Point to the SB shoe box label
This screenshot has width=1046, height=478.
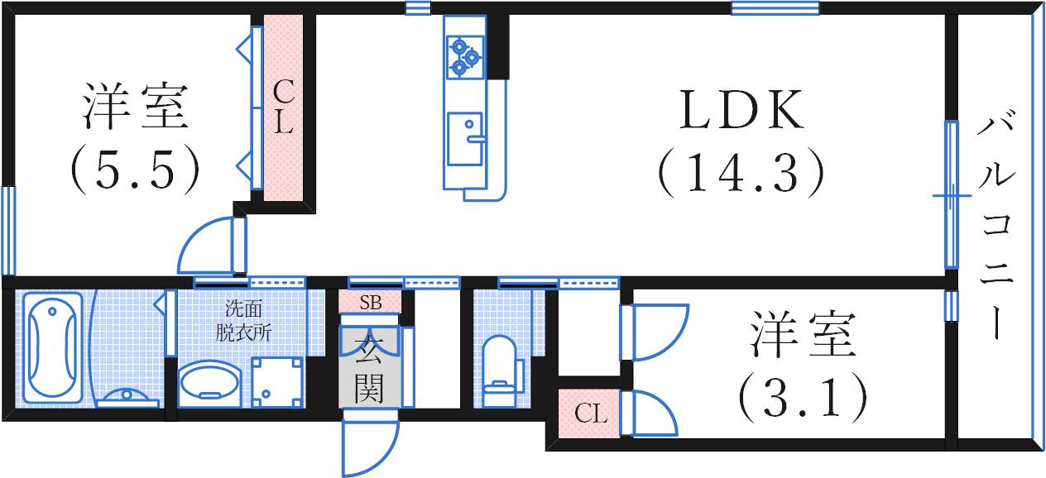[370, 303]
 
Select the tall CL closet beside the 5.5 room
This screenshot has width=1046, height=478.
[284, 108]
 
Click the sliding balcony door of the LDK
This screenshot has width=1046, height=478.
[952, 196]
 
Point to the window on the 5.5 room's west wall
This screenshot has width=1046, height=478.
[8, 230]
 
